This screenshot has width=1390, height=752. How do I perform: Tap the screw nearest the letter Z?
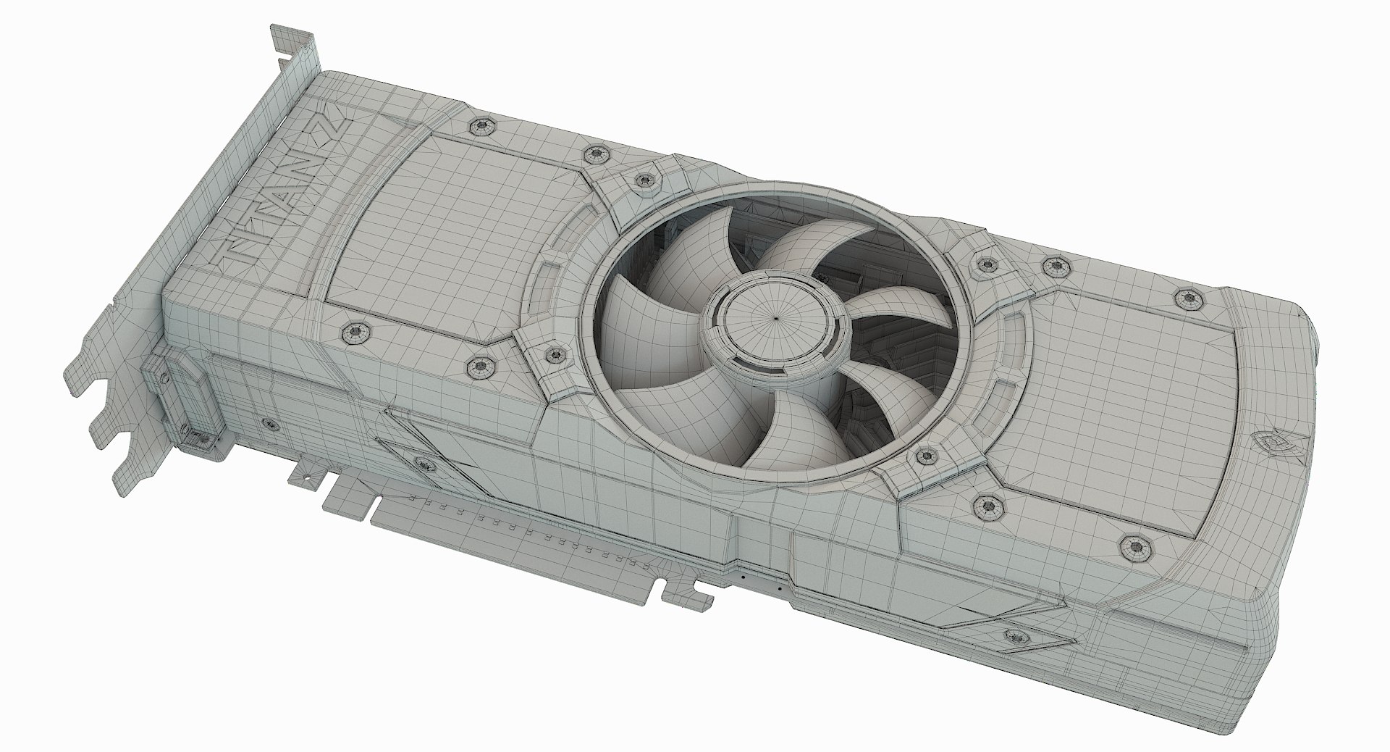pyautogui.click(x=479, y=126)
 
